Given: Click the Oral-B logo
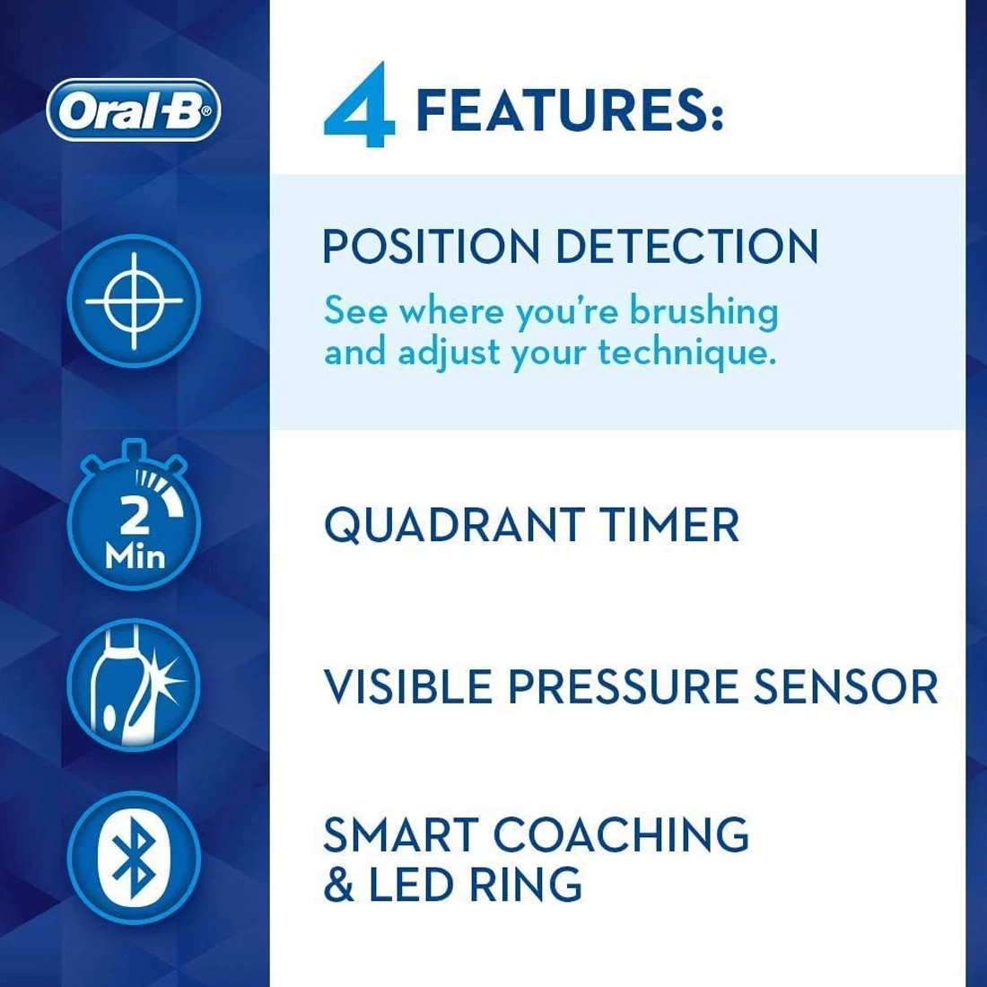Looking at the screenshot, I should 133,110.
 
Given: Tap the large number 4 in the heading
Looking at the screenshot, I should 360,107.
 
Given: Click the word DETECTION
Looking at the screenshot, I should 686,247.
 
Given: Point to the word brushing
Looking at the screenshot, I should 703,312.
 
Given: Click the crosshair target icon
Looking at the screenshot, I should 134,301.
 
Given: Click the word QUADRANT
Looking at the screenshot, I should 454,525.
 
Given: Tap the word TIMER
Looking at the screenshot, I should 669,525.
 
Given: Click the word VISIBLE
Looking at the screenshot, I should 408,687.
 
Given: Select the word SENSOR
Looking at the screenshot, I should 844,687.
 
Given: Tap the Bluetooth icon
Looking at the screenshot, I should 134,858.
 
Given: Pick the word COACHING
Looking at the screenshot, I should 621,835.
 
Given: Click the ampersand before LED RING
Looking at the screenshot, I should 339,885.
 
